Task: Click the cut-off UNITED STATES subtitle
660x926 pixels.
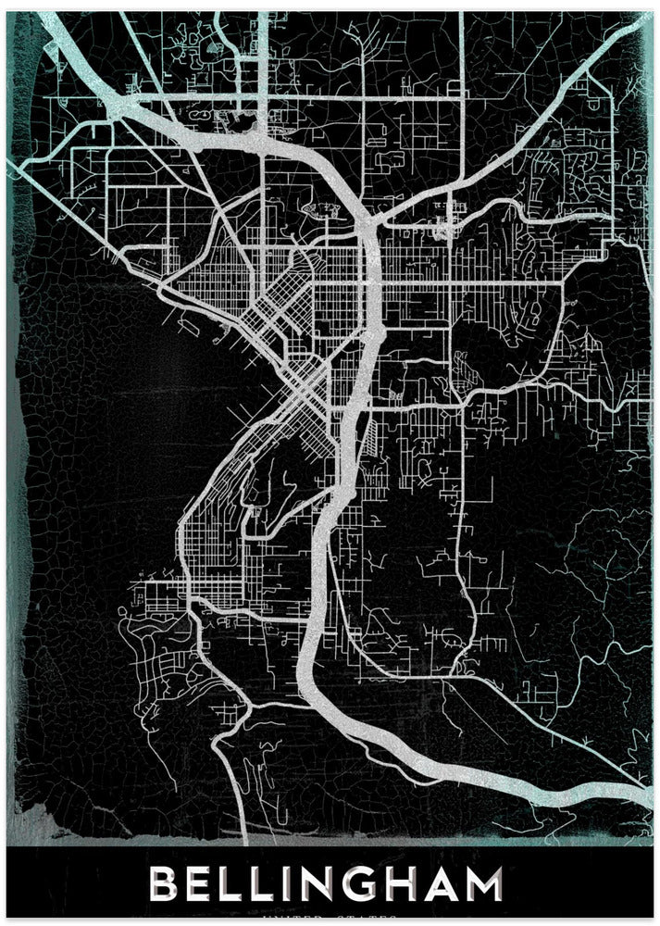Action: point(330,920)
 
